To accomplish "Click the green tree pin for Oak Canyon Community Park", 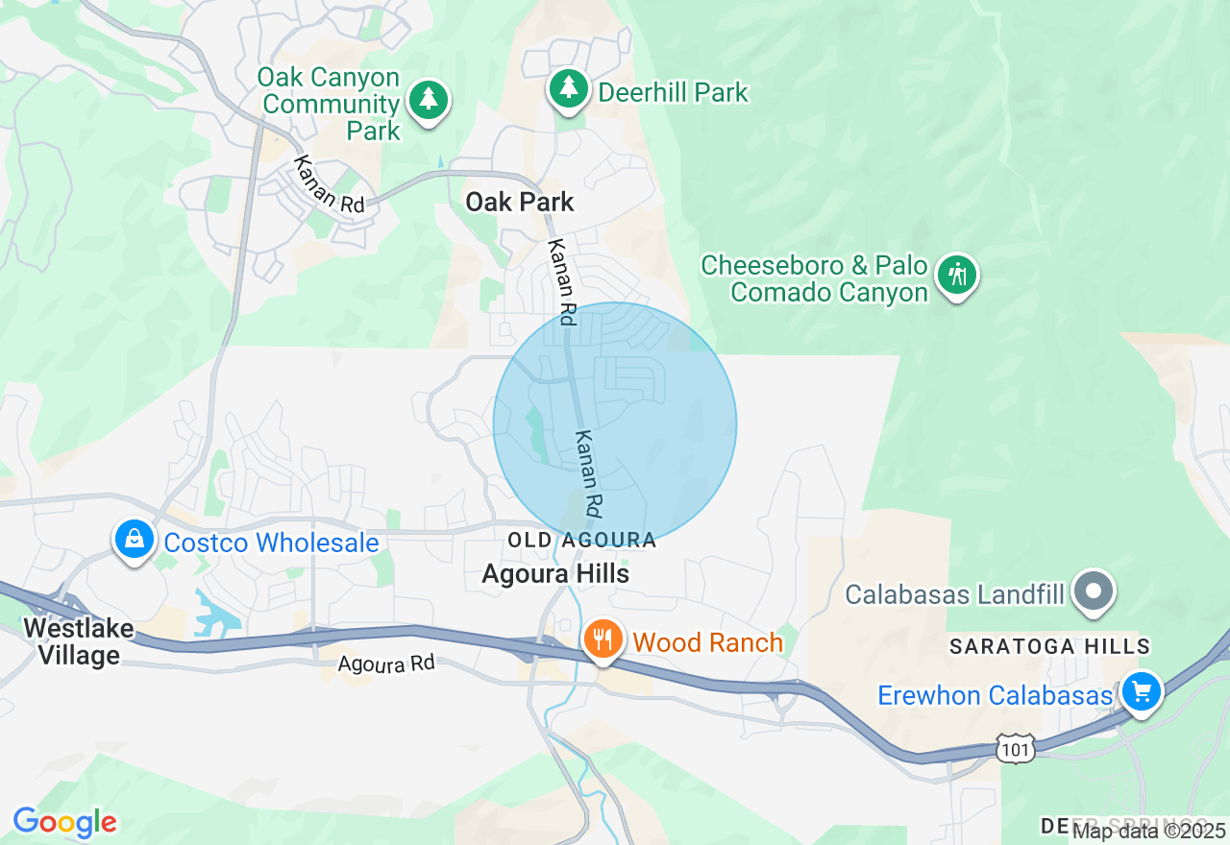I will click(429, 100).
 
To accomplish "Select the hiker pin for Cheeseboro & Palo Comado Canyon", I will click(956, 275).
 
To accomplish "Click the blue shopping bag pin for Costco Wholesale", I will click(135, 541).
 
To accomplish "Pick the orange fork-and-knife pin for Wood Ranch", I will click(603, 640).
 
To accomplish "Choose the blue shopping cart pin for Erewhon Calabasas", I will click(1141, 691).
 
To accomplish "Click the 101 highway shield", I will click(1015, 750).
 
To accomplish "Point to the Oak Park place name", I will click(519, 202).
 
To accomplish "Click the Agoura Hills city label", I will click(555, 573).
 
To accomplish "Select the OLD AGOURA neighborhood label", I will click(581, 541).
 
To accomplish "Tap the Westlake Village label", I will click(72, 642).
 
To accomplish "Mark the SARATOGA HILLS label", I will click(1049, 646).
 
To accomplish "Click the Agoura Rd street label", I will click(386, 664).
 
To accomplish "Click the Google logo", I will click(64, 822).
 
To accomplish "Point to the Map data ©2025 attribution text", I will click(1149, 831).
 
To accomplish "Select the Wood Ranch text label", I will click(708, 642).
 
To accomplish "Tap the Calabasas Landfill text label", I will click(954, 594).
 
